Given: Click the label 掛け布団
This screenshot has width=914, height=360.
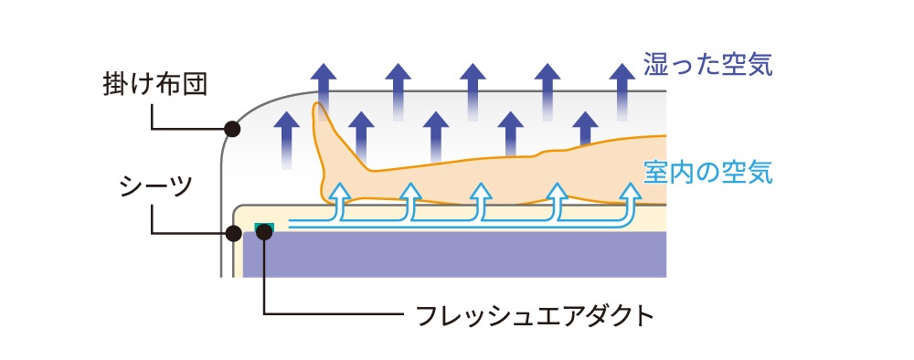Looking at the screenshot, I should pyautogui.click(x=155, y=85).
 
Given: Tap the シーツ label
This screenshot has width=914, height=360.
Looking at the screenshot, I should pyautogui.click(x=155, y=189).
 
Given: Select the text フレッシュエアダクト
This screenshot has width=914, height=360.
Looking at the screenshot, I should pyautogui.click(x=535, y=316).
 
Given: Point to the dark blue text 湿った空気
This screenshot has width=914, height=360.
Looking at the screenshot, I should pyautogui.click(x=708, y=65).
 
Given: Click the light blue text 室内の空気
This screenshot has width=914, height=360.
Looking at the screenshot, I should pyautogui.click(x=708, y=171).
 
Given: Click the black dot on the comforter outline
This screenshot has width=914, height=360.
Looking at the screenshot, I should pyautogui.click(x=232, y=130).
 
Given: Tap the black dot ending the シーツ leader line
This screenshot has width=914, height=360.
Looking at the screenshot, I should pyautogui.click(x=232, y=233).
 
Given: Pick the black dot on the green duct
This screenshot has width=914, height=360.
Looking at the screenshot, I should pyautogui.click(x=264, y=232).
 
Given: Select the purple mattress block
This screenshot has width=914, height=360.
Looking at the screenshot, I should pyautogui.click(x=457, y=254).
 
